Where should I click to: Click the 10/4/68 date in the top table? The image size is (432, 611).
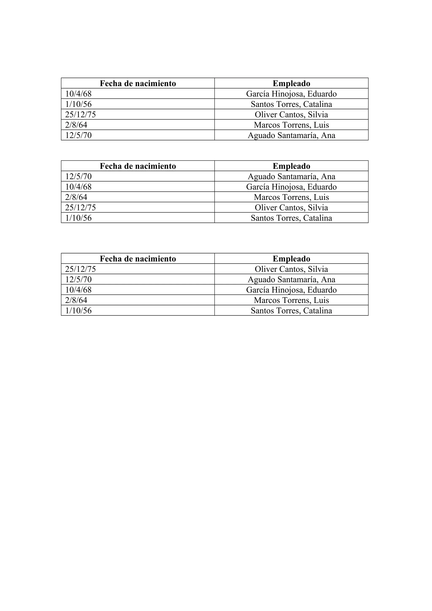(x=78, y=94)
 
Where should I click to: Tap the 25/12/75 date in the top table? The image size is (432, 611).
(x=80, y=115)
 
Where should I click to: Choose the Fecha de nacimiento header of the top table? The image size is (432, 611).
(x=138, y=83)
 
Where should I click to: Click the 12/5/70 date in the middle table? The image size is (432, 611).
(x=78, y=176)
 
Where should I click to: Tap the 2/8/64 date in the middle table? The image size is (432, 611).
(x=76, y=197)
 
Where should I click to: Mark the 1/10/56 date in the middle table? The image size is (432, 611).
(x=78, y=218)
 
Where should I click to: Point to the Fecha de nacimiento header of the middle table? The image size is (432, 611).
(x=138, y=166)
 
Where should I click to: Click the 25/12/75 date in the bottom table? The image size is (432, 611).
(x=80, y=269)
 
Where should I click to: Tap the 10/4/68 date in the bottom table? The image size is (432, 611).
(x=78, y=290)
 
